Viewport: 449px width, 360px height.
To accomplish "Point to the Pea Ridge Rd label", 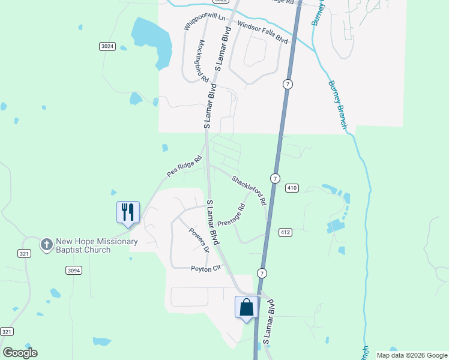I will click(184, 166).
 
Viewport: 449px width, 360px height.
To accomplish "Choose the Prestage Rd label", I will click(232, 215).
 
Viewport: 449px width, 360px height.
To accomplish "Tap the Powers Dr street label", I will click(199, 240).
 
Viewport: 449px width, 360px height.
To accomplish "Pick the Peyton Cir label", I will click(206, 269).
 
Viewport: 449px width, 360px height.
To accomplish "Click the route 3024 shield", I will click(107, 46).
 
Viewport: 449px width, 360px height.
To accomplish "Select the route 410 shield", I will click(292, 188).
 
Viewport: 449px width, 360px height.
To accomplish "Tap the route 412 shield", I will click(285, 232).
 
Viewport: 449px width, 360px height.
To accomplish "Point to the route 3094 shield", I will click(73, 271).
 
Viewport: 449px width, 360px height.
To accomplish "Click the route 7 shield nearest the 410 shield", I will click(275, 178).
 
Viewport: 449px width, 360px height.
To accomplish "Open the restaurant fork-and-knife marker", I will click(128, 212).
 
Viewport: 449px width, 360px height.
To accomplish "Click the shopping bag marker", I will click(246, 307).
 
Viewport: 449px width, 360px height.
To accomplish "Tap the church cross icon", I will click(46, 244).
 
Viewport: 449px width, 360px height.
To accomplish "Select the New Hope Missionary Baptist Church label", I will click(97, 246).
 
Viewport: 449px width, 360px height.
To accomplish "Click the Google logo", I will click(20, 353).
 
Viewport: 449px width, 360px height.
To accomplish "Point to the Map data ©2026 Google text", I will click(412, 355).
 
